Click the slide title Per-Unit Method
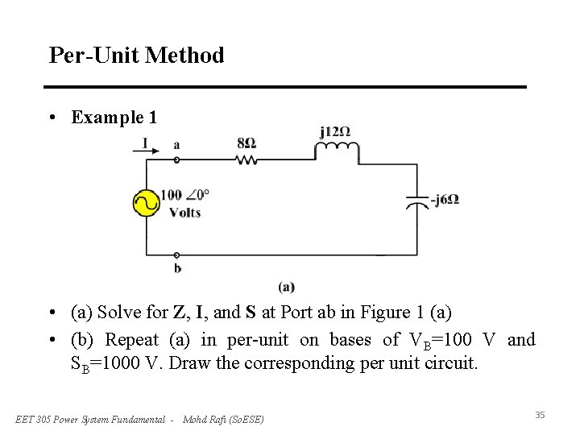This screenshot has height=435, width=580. point(136,56)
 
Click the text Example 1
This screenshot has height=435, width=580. point(114,118)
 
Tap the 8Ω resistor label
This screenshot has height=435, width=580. point(246,143)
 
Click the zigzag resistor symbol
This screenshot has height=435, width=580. point(246,159)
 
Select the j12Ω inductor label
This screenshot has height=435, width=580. point(334,131)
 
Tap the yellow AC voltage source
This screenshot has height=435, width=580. point(146,203)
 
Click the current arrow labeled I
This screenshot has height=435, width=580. point(146,145)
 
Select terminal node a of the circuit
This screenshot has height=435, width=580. point(176,159)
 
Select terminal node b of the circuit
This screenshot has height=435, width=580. point(176,255)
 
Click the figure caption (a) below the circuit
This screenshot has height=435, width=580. point(286,287)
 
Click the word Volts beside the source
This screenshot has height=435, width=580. point(184,213)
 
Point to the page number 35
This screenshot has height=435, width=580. point(540,415)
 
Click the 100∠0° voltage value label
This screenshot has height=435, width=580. point(184,195)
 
